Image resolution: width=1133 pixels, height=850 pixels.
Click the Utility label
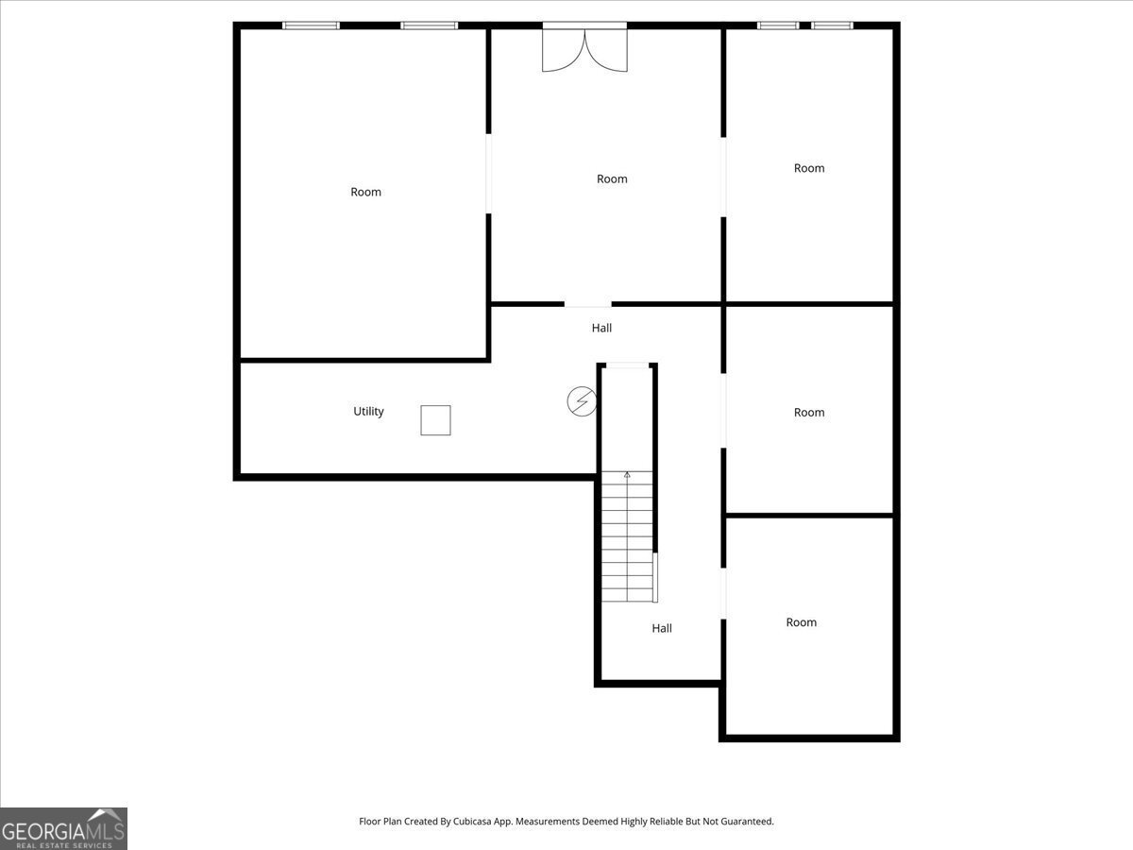tap(368, 412)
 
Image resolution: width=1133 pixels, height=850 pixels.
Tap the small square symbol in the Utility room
tap(435, 420)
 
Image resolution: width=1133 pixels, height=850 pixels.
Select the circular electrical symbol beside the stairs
tap(582, 401)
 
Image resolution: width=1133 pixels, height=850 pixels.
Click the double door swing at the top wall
tap(584, 49)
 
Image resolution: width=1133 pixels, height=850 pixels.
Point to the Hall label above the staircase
tap(601, 329)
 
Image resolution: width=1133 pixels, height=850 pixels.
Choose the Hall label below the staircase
tap(662, 628)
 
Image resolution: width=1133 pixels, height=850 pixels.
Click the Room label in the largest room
tap(365, 192)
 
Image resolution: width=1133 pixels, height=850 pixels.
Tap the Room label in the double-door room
tap(612, 179)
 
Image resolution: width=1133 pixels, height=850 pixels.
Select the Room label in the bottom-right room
tap(802, 622)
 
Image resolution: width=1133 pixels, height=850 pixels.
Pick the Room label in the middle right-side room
tap(809, 413)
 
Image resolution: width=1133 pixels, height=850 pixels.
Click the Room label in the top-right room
tap(809, 168)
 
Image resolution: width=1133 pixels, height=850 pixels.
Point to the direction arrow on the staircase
tap(627, 475)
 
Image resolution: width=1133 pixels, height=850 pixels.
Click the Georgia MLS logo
tap(63, 828)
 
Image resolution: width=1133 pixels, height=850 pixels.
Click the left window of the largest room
tap(311, 25)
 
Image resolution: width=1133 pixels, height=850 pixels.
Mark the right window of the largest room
tap(429, 25)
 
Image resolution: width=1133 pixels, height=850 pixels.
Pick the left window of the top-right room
tap(778, 25)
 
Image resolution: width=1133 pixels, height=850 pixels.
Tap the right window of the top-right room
tap(832, 25)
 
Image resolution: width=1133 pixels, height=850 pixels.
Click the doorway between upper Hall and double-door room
tap(588, 304)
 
